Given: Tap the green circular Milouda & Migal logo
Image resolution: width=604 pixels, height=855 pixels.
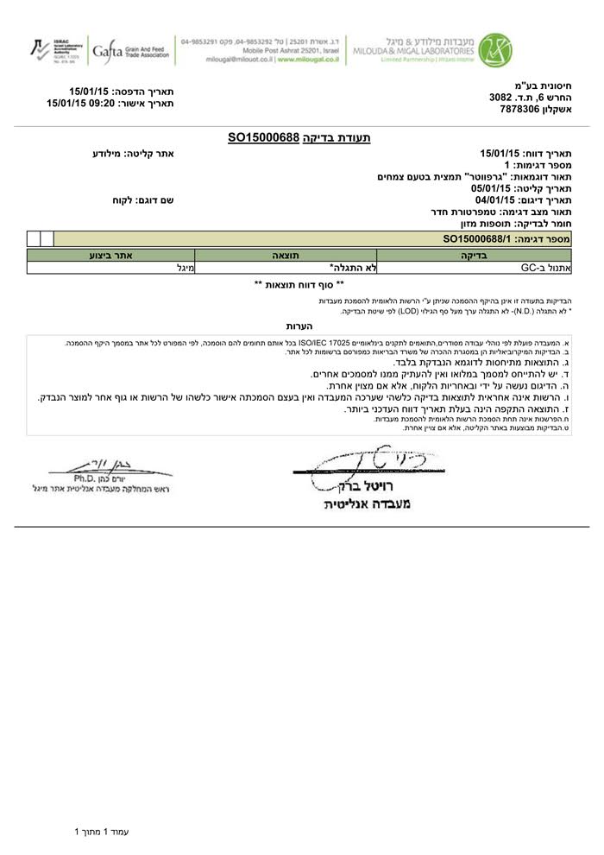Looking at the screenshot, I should (x=496, y=49).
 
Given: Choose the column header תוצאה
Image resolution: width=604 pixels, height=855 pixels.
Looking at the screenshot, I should (x=286, y=256).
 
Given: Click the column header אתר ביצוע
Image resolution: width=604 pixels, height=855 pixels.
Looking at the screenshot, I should (x=110, y=256).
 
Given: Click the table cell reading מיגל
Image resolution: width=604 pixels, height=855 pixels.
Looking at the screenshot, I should (x=183, y=268).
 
